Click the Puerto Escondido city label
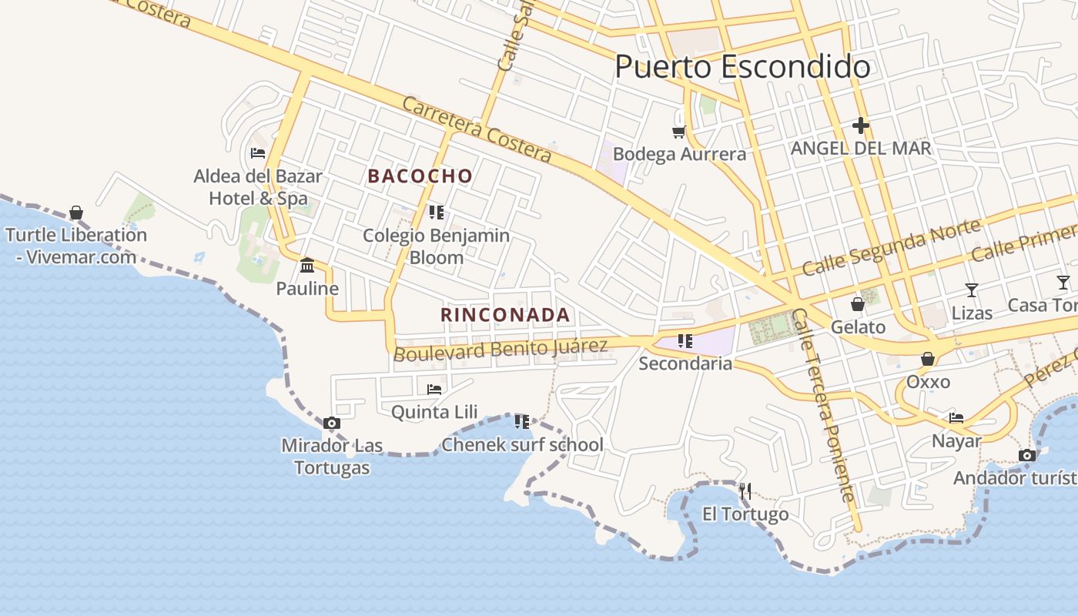coord(742,67)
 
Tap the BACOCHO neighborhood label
coord(420,176)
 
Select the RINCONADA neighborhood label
coord(505,315)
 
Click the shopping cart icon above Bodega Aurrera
coord(678,132)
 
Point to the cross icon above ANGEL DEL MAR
coord(861,125)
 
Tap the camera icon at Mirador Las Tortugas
coord(332,423)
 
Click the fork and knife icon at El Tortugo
coord(745,490)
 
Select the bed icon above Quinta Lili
coord(434,389)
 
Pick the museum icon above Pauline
coord(307,266)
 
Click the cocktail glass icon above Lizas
coord(972,290)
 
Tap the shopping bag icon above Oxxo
coord(928,359)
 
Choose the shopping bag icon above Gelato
coord(858,305)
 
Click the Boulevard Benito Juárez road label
coord(500,349)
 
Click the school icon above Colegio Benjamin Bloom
coord(437,212)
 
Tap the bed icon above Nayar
coord(956,418)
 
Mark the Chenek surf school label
coord(522,445)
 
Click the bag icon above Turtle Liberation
coord(76,212)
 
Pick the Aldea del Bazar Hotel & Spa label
coord(258,187)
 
